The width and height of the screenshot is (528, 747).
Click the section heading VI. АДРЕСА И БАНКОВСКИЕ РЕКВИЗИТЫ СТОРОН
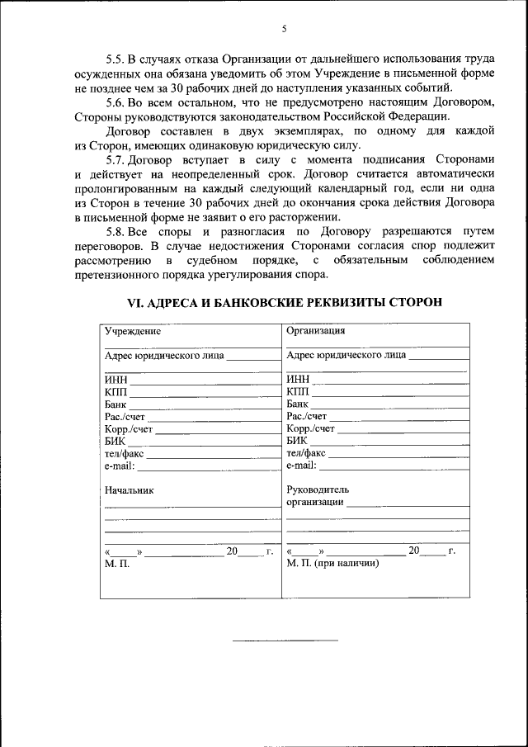click(x=284, y=302)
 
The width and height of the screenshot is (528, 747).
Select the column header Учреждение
click(x=132, y=332)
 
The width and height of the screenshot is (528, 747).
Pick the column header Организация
click(x=315, y=332)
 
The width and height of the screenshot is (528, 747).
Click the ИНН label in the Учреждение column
click(x=115, y=379)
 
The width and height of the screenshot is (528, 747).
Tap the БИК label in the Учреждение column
click(x=115, y=441)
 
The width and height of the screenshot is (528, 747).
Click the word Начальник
click(x=130, y=489)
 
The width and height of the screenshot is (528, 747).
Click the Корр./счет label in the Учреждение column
click(x=129, y=428)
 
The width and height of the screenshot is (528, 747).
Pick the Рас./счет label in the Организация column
click(x=307, y=416)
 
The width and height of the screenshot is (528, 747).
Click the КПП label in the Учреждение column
click(x=115, y=391)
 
